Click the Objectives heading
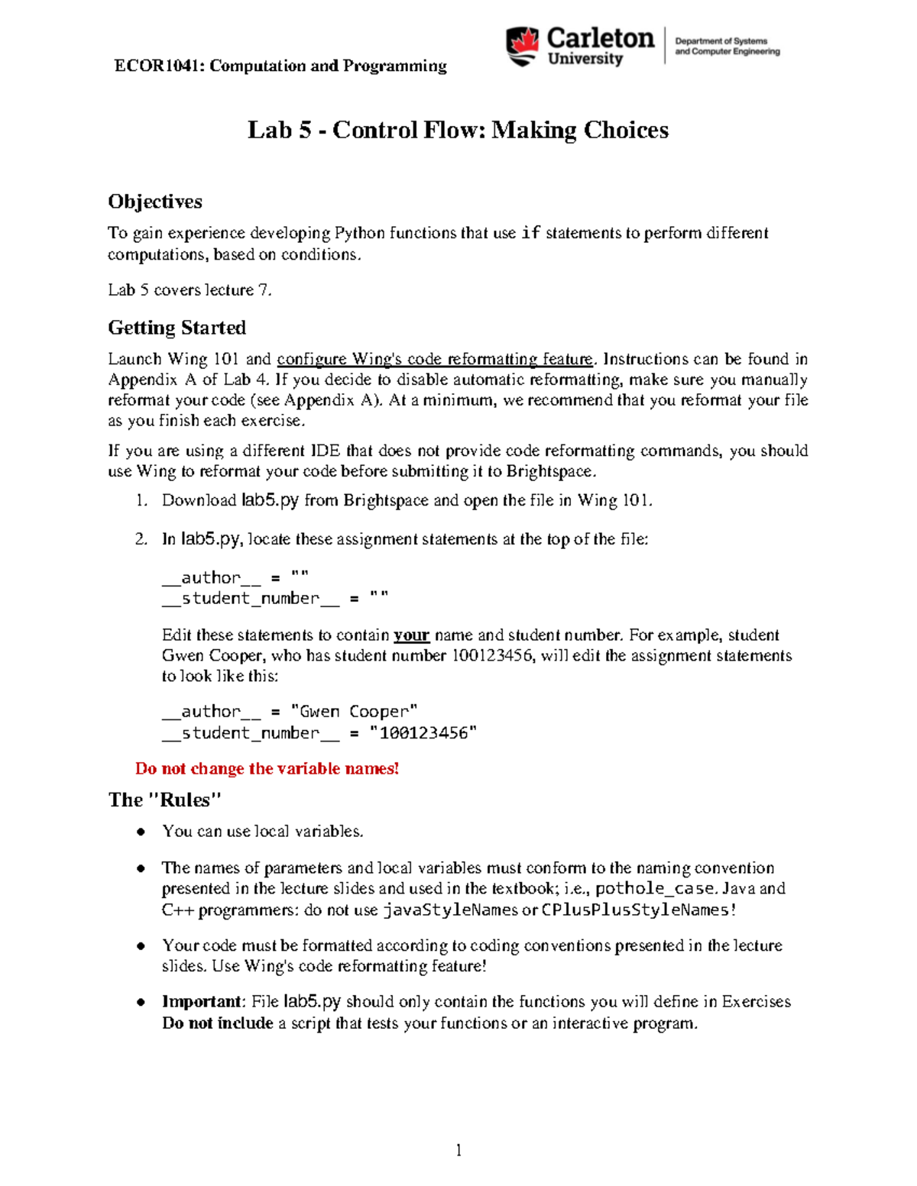coord(155,202)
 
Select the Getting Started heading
coord(177,328)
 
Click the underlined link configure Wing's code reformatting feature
coord(434,359)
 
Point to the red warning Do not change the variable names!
coord(267,768)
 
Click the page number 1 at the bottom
coord(458,1150)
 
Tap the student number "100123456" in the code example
coord(423,733)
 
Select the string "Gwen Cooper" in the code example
coord(355,712)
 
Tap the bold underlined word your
coord(411,635)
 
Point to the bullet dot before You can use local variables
coord(141,832)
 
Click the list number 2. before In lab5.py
coord(141,539)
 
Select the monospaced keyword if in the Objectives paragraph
coord(530,233)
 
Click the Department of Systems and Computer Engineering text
coord(727,47)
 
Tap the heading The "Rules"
coord(164,800)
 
